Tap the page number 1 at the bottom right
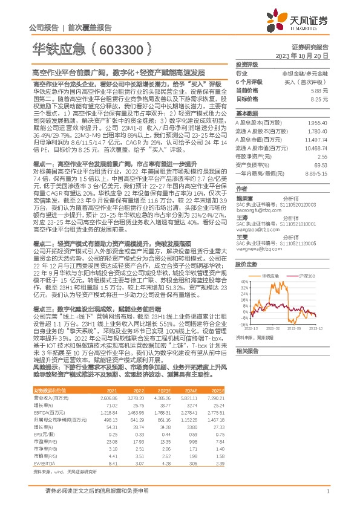[x=327, y=491]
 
